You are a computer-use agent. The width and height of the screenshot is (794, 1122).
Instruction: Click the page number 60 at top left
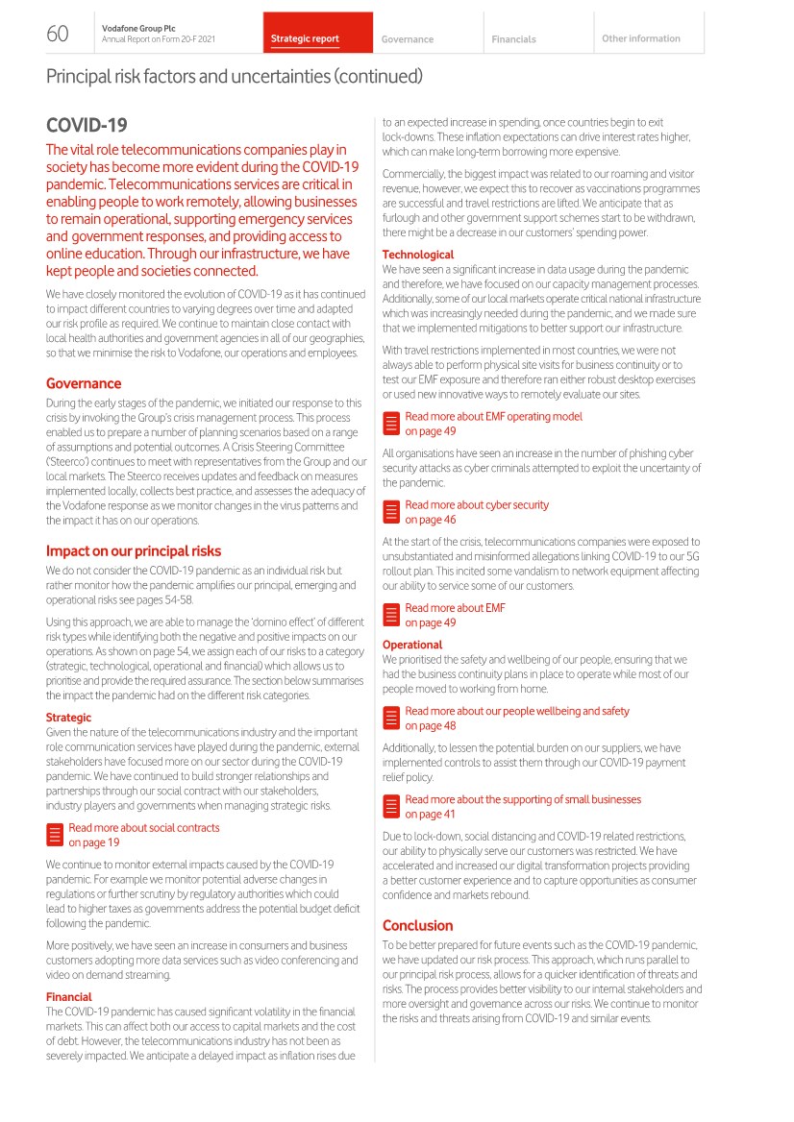[58, 35]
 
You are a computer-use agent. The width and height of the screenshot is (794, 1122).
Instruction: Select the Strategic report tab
[305, 39]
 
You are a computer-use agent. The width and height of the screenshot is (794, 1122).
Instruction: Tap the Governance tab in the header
[408, 39]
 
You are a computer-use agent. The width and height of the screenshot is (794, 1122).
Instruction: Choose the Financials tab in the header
[513, 39]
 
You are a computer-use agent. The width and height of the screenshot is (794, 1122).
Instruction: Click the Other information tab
[640, 38]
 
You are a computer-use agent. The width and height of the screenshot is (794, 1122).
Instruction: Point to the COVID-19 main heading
[87, 126]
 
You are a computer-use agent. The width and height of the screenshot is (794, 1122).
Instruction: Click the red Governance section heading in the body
[84, 383]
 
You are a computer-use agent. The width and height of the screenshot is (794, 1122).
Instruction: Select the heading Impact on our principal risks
[134, 551]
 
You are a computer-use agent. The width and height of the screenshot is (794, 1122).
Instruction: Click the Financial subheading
[69, 997]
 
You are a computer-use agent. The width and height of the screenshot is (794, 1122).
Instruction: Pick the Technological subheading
[418, 255]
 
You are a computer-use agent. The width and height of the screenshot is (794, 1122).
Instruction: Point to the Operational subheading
[412, 645]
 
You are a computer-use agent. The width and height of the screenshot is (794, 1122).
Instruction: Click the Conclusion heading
[417, 925]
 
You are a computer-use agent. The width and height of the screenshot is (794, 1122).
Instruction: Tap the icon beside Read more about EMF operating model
[391, 424]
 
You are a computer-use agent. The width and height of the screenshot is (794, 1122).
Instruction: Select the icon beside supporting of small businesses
[391, 807]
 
